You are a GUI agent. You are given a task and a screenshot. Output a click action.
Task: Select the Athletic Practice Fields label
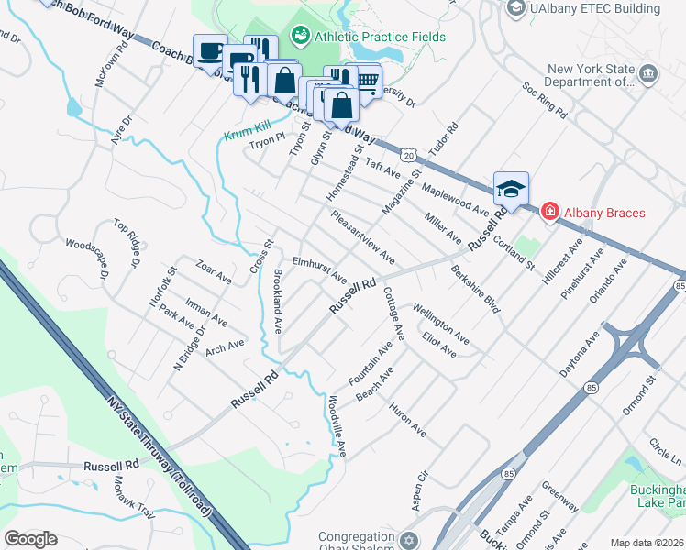[379, 37]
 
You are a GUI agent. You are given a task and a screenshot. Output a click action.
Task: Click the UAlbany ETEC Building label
[594, 8]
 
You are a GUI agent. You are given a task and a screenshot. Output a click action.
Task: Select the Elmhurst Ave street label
[319, 269]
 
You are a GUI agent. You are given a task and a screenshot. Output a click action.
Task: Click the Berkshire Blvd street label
[475, 290]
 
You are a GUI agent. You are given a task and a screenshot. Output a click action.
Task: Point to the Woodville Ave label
[336, 424]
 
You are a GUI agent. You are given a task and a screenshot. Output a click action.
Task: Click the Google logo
[30, 539]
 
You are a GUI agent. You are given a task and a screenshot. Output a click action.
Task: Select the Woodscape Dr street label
[87, 259]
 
